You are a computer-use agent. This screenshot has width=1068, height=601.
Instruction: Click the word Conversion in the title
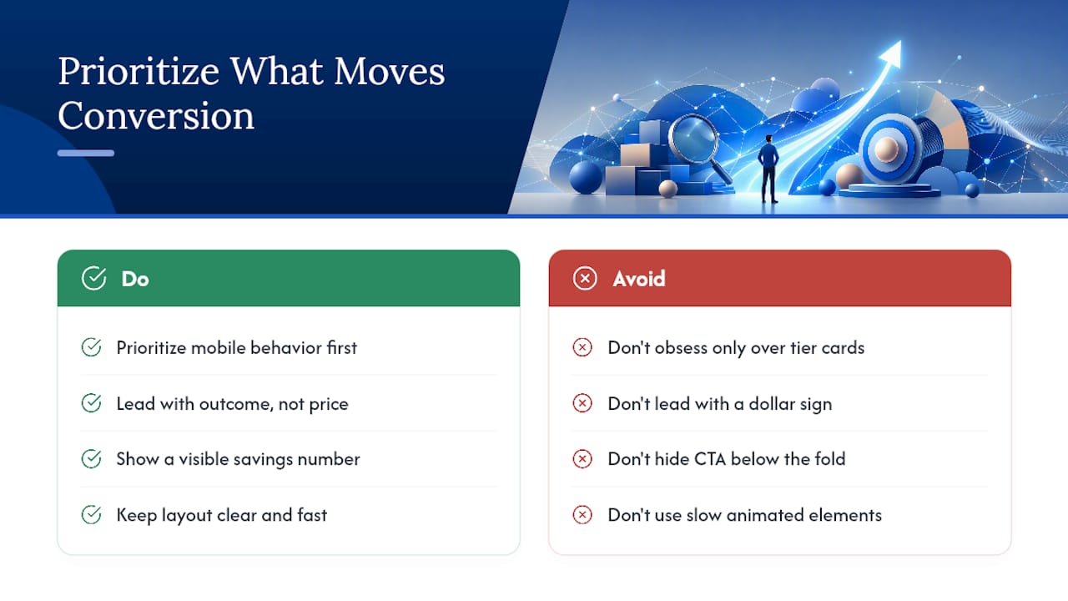tap(156, 115)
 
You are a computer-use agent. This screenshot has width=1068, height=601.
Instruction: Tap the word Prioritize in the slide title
tap(139, 72)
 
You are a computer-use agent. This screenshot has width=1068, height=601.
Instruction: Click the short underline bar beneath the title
tap(86, 153)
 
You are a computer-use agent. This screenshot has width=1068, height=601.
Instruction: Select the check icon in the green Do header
tap(93, 278)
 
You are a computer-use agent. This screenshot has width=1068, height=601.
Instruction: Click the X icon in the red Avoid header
tap(585, 278)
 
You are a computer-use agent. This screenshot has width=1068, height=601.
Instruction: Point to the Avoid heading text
tap(639, 279)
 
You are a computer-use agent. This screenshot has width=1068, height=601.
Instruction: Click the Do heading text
tap(135, 279)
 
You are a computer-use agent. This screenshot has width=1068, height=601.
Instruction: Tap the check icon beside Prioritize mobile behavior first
tap(91, 347)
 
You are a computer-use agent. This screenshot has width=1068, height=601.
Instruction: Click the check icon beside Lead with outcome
tap(91, 403)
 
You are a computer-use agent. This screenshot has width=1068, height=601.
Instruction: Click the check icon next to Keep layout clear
tap(91, 515)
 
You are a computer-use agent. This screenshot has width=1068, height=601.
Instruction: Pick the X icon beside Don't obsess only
tap(582, 347)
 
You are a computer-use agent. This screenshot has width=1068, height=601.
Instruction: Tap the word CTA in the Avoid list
tap(710, 459)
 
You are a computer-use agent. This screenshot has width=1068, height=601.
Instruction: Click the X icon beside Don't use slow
tap(582, 515)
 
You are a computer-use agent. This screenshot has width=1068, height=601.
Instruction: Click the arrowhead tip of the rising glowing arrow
tap(900, 42)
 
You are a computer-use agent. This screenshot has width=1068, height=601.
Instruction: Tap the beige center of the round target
tap(886, 149)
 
